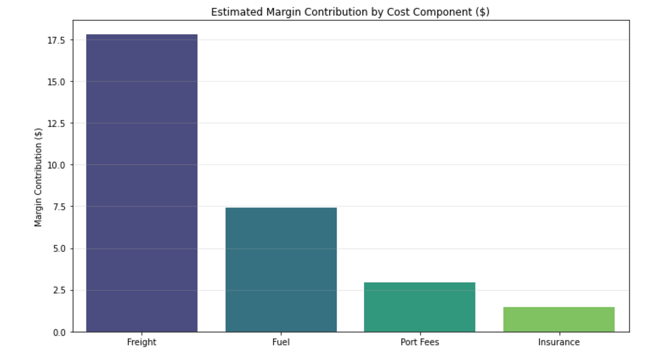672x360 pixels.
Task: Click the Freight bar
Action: [x=142, y=183]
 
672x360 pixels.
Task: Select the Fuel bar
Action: [x=281, y=270]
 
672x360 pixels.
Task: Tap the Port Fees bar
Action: [x=420, y=307]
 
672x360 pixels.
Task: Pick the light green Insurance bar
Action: [x=559, y=319]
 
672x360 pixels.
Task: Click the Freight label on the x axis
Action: [x=142, y=342]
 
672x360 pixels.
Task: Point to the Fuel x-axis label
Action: [x=281, y=342]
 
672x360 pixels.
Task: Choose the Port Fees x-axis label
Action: [x=420, y=342]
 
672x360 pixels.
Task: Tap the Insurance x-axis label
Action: [x=559, y=342]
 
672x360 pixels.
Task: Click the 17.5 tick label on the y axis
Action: [x=56, y=40]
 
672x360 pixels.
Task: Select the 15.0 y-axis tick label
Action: [x=56, y=82]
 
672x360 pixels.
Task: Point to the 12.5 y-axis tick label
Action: [x=56, y=124]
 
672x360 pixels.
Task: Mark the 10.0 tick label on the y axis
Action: [x=56, y=165]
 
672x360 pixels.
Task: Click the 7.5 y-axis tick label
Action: [x=59, y=207]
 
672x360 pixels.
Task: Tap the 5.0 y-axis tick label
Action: [x=59, y=249]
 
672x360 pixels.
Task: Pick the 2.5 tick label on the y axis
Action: [x=59, y=290]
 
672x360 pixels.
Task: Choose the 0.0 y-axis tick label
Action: [x=59, y=332]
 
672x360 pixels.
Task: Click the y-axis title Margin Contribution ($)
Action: [x=38, y=177]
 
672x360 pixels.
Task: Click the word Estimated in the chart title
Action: [x=237, y=12]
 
